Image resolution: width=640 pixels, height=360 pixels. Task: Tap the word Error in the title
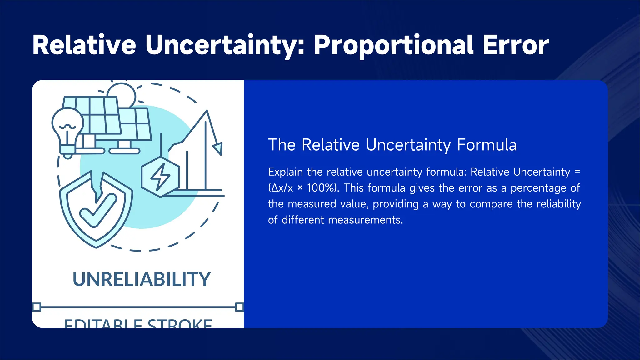pyautogui.click(x=516, y=46)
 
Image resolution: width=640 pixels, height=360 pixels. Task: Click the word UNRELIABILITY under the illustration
pyautogui.click(x=142, y=279)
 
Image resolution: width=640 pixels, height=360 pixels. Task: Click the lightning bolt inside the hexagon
pyautogui.click(x=161, y=177)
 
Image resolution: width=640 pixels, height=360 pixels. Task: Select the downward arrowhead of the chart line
pyautogui.click(x=218, y=148)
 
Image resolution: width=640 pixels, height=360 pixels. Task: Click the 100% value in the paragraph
pyautogui.click(x=322, y=188)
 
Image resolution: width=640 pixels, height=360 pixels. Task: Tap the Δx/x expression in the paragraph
pyautogui.click(x=282, y=188)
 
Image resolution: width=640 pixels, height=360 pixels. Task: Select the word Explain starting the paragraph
pyautogui.click(x=285, y=172)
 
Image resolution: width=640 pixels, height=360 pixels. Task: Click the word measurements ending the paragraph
pyautogui.click(x=365, y=220)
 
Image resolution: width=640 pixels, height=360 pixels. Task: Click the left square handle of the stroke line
pyautogui.click(x=37, y=307)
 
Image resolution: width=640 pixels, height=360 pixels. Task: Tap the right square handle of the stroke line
pyautogui.click(x=239, y=307)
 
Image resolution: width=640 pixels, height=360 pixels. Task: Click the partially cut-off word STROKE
pyautogui.click(x=180, y=324)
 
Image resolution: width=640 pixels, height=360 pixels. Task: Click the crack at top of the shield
pyautogui.click(x=97, y=184)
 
